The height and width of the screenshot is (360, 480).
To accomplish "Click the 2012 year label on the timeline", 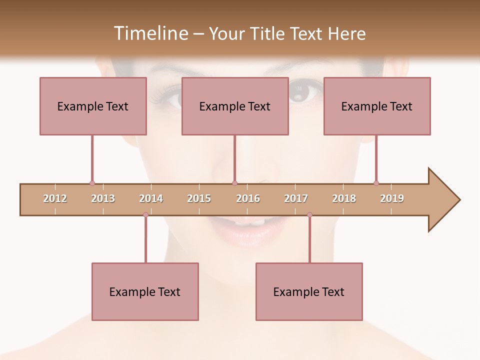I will [55, 198].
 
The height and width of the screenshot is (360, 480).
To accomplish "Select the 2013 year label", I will [103, 198].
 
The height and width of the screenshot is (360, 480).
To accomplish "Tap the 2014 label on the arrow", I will [151, 198].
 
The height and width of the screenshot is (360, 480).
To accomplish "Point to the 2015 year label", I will [199, 198].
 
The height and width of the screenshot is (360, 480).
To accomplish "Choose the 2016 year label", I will [248, 198].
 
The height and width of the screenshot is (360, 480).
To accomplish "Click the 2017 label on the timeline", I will [296, 198].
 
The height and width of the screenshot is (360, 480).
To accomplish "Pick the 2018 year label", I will [344, 198].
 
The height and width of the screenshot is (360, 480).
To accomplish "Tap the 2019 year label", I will [392, 198].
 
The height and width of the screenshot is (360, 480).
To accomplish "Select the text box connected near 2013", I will [93, 106].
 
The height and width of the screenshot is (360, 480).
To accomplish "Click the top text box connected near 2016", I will [235, 106].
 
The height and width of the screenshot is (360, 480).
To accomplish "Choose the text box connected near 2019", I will [377, 106].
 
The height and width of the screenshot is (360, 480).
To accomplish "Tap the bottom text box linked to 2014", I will [145, 291].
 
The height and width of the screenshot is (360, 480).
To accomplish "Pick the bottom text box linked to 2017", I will [309, 291].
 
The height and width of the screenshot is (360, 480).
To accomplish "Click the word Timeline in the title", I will [149, 33].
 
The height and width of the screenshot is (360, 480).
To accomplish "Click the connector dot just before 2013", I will [92, 183].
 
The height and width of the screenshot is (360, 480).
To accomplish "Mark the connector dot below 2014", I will [145, 215].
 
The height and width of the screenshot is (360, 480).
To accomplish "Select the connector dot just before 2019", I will [376, 183].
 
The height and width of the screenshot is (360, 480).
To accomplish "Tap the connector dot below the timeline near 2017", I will [309, 215].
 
